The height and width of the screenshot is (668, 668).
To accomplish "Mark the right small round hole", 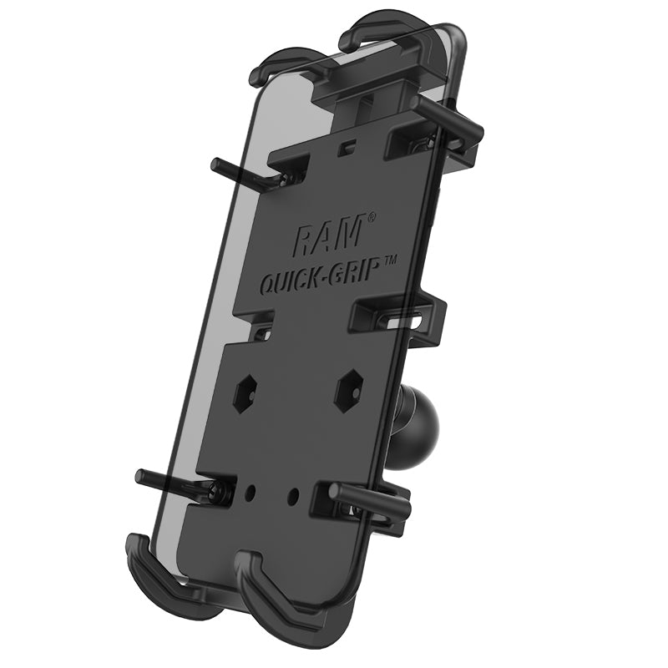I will click(x=293, y=495).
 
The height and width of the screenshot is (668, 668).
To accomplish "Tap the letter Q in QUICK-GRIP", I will click(x=271, y=286).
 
